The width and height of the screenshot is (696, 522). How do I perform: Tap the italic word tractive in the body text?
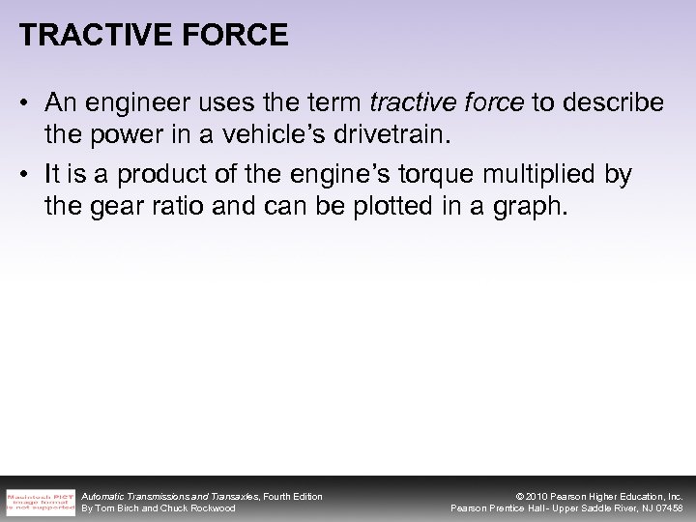click(x=406, y=103)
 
